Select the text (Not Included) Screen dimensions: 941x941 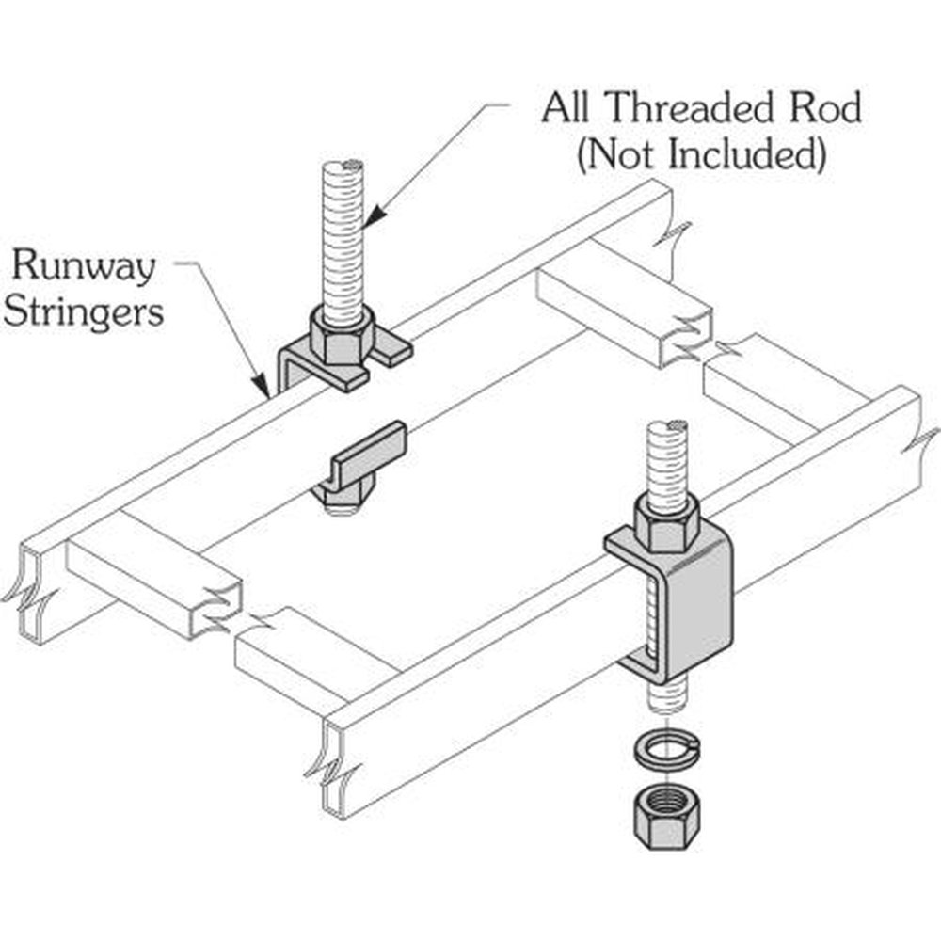[701, 153]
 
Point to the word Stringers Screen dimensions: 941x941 [83, 311]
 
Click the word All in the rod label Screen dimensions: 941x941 [567, 109]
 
